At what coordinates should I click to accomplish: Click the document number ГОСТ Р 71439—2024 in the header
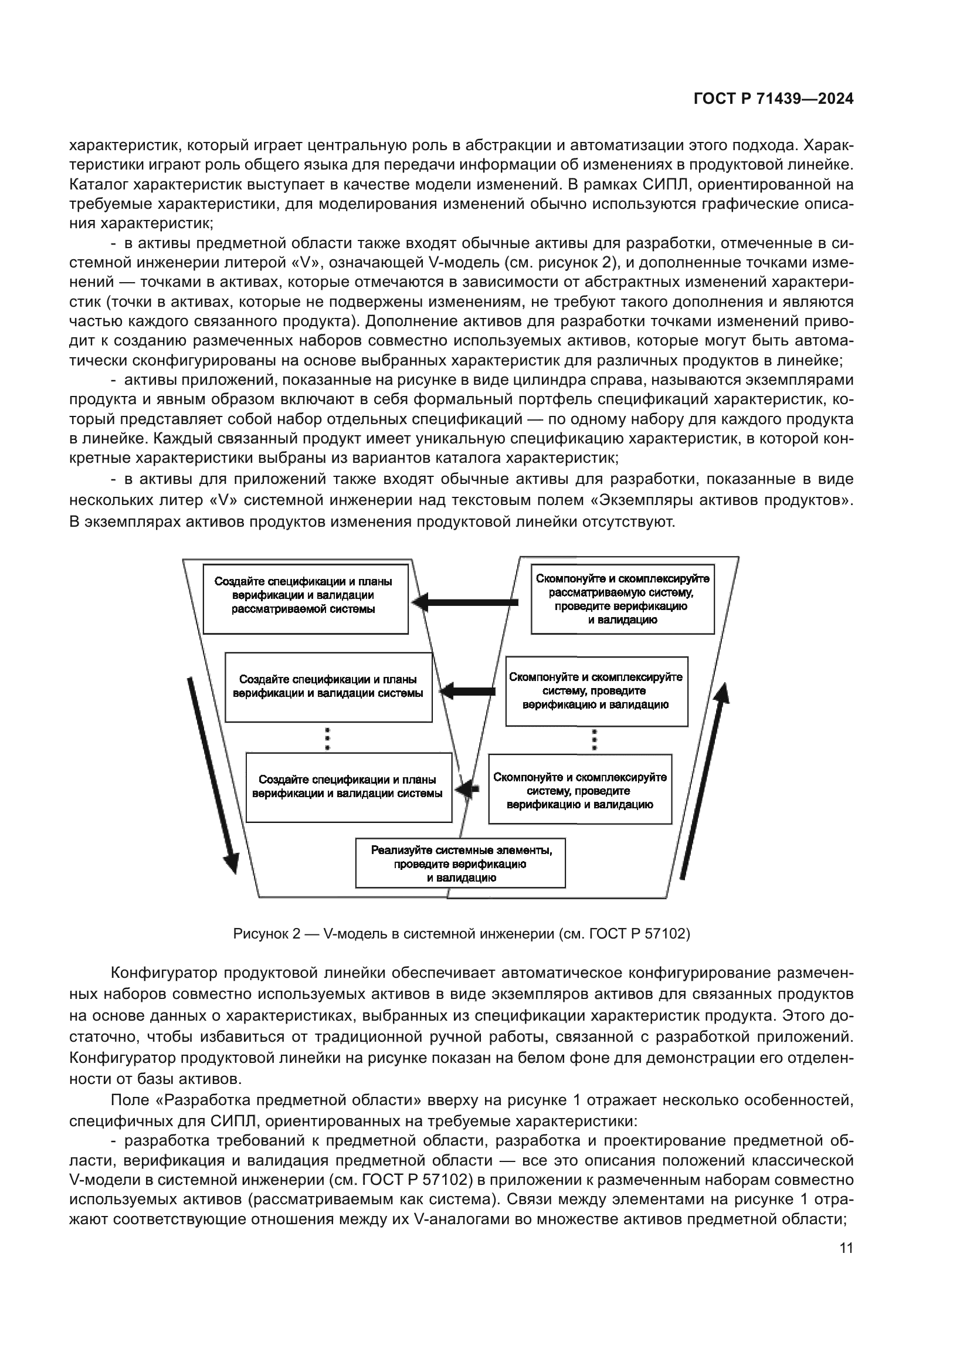point(773,99)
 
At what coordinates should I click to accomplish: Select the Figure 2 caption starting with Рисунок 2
point(461,933)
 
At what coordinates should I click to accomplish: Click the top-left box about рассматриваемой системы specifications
point(305,599)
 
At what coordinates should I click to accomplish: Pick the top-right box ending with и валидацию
point(622,599)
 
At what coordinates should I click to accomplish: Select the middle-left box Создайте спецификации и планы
point(328,687)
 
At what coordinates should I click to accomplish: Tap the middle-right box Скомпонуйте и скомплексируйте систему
point(596,691)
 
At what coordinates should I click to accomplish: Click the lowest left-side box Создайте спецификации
point(348,788)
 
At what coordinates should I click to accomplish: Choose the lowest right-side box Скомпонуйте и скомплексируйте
point(579,789)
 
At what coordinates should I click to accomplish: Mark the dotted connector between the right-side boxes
point(594,740)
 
